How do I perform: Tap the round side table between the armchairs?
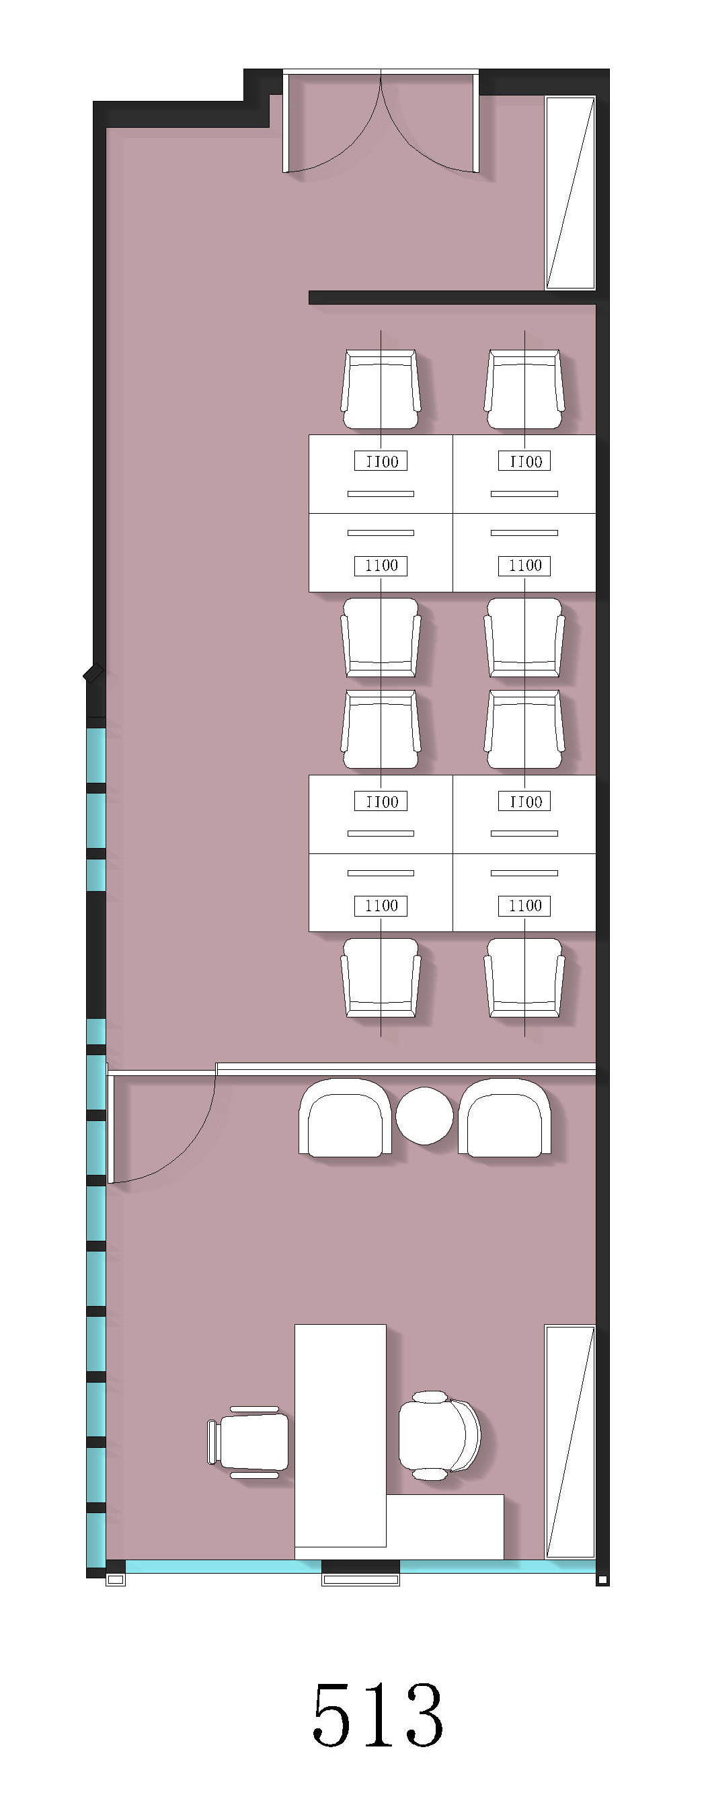(x=424, y=1116)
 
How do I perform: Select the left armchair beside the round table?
(x=345, y=1118)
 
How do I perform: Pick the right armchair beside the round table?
(x=504, y=1118)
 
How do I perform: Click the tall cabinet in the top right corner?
(x=570, y=193)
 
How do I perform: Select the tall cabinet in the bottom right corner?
(x=570, y=1443)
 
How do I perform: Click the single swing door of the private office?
(x=161, y=1126)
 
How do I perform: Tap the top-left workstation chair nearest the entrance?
(x=381, y=389)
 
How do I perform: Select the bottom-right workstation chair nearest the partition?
(x=524, y=977)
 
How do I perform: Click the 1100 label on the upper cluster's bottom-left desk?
(x=381, y=566)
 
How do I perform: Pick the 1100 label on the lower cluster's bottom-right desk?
(x=524, y=906)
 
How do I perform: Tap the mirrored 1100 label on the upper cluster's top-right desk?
(x=524, y=461)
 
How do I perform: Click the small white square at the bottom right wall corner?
(x=602, y=1580)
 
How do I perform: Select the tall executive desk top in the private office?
(x=340, y=1435)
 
